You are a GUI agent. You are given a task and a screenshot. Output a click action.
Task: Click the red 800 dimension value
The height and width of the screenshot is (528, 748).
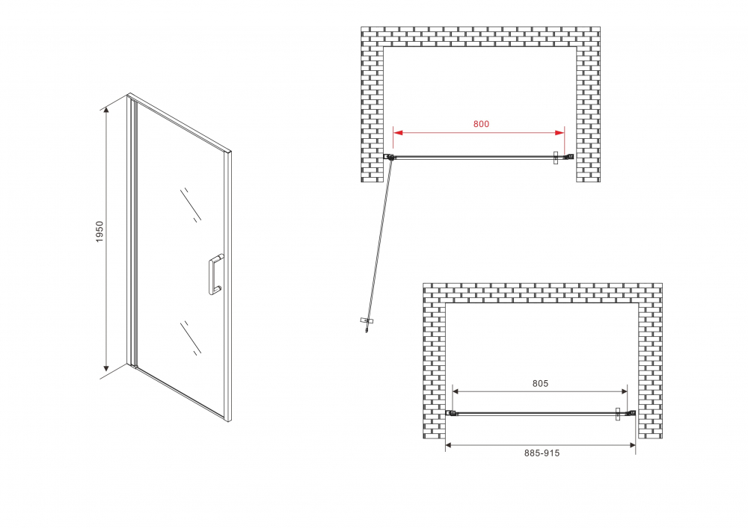click(481, 124)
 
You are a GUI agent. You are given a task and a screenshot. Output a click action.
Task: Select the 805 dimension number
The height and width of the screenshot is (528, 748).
click(541, 383)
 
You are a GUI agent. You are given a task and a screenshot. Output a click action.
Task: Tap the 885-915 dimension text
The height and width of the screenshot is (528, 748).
click(542, 453)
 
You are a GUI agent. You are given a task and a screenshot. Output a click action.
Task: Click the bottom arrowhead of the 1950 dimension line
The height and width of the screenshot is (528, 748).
click(107, 367)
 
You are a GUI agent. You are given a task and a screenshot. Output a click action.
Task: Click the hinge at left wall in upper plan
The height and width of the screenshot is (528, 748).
click(389, 157)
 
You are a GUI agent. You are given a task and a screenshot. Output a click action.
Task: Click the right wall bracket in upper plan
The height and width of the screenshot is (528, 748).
click(568, 157)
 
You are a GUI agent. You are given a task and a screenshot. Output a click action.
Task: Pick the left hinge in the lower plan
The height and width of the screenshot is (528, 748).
click(452, 413)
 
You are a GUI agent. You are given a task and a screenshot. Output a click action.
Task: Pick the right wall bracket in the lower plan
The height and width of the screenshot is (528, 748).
click(631, 413)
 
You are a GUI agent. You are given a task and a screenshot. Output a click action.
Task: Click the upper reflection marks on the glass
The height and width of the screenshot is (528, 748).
click(191, 203)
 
